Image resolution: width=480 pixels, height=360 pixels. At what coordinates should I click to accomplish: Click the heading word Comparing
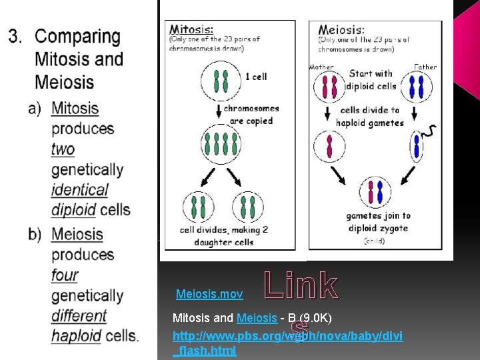[77, 37]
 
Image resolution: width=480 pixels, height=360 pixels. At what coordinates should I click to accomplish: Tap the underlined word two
[63, 149]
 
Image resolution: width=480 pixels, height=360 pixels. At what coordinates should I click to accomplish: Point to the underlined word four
[64, 275]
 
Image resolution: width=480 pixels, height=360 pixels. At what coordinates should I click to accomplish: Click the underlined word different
[79, 315]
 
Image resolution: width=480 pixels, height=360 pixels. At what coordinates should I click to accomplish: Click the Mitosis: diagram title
[191, 29]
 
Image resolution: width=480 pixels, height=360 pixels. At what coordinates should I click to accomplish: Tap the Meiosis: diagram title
[341, 29]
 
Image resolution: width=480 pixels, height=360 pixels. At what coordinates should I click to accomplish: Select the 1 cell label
[255, 77]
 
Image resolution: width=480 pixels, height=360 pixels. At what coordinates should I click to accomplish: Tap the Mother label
[321, 67]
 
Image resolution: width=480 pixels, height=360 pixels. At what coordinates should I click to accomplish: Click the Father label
[425, 67]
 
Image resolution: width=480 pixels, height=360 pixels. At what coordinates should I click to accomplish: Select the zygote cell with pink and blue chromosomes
[375, 193]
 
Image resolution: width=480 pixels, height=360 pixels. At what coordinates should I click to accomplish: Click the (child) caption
[374, 241]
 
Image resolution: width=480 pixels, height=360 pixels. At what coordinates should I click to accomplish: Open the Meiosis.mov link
[209, 294]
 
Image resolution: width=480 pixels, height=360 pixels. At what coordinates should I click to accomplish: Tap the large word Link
[301, 285]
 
